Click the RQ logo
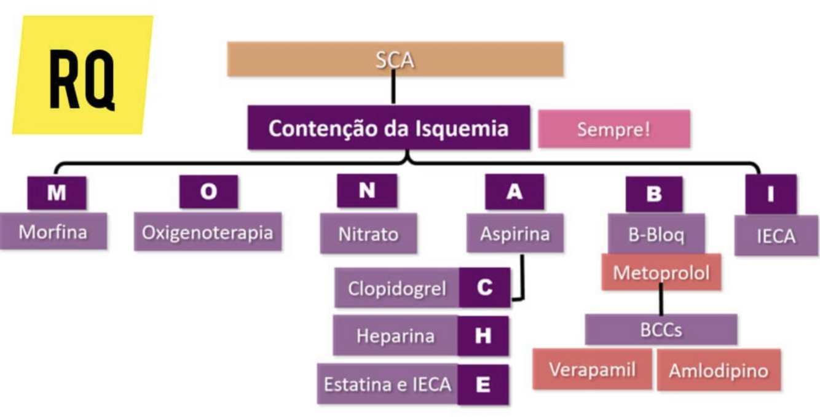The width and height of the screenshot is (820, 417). click(x=82, y=74)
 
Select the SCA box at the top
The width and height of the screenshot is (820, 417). click(x=395, y=59)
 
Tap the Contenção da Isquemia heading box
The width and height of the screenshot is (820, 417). click(x=388, y=128)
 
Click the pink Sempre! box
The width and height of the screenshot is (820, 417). click(x=613, y=129)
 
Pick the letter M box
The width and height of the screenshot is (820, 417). click(x=57, y=193)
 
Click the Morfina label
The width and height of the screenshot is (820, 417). click(x=53, y=232)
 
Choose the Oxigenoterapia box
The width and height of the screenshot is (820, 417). click(x=208, y=232)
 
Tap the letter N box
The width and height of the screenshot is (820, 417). click(x=367, y=191)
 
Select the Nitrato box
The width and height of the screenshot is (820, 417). click(x=368, y=234)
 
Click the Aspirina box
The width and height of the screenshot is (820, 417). click(x=514, y=233)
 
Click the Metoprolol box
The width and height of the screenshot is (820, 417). click(x=661, y=272)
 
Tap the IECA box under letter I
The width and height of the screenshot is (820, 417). click(x=776, y=236)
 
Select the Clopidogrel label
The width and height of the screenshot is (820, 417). click(x=396, y=288)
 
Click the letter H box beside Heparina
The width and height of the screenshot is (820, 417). click(x=483, y=336)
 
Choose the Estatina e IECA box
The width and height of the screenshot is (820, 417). click(x=387, y=384)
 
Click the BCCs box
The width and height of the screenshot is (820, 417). click(x=661, y=330)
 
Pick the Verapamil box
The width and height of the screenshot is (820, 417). click(x=592, y=370)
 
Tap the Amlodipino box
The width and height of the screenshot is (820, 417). click(x=719, y=370)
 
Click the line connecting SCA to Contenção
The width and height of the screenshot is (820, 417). click(x=393, y=91)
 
